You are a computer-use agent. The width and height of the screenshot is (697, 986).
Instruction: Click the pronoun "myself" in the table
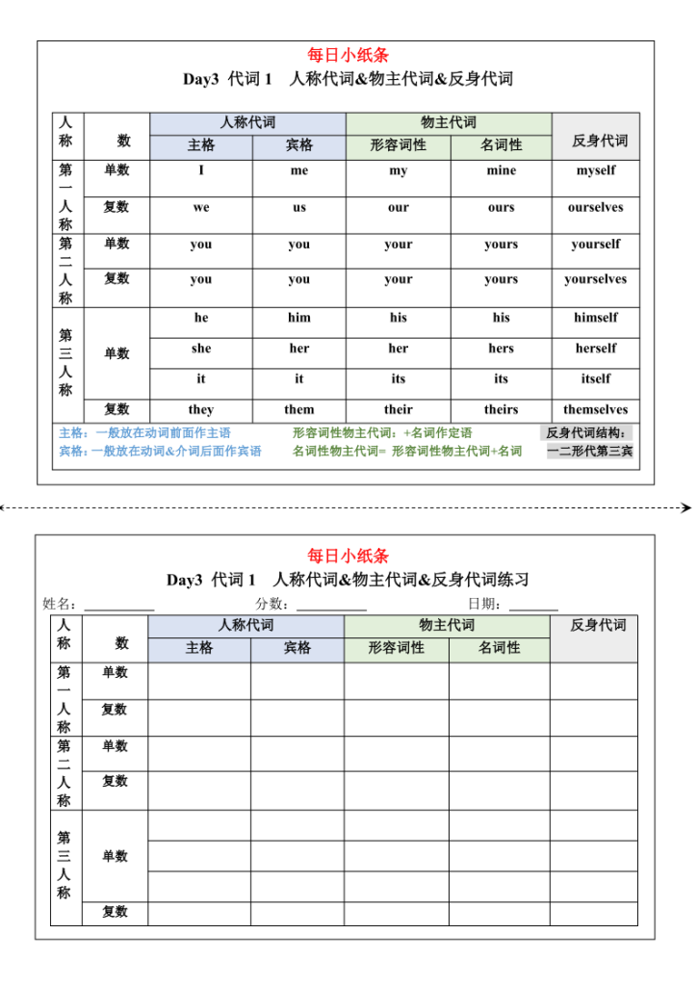coord(595,170)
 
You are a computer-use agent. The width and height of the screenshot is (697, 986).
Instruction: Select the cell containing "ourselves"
coord(595,207)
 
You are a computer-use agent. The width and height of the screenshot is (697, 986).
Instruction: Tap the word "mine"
coord(501,170)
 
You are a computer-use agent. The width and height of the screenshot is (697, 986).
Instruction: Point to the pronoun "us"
coord(299,207)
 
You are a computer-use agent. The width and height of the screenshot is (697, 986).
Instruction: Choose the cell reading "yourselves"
coord(595,279)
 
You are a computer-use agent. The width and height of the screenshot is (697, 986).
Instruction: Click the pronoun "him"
coord(299,317)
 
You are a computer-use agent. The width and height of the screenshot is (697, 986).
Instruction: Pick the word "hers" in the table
coord(501,349)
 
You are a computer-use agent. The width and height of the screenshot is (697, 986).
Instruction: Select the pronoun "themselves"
coord(595,409)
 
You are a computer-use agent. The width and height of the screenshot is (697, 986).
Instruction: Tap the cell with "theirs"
coord(501,409)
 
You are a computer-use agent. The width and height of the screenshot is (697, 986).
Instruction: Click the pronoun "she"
coord(200,349)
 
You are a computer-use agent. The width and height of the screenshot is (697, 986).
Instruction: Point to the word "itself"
coord(595,378)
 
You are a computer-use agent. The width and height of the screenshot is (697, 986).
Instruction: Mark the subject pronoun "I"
coord(201,170)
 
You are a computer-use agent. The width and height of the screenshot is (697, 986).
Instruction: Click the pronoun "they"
coord(200,409)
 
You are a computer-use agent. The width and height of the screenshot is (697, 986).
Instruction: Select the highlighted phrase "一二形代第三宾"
coord(590,451)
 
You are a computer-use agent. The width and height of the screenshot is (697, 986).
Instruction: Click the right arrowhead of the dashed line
coord(686,506)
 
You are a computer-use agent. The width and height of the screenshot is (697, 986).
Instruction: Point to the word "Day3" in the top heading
coord(201,79)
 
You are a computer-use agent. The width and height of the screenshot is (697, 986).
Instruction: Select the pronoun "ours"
coord(501,207)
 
